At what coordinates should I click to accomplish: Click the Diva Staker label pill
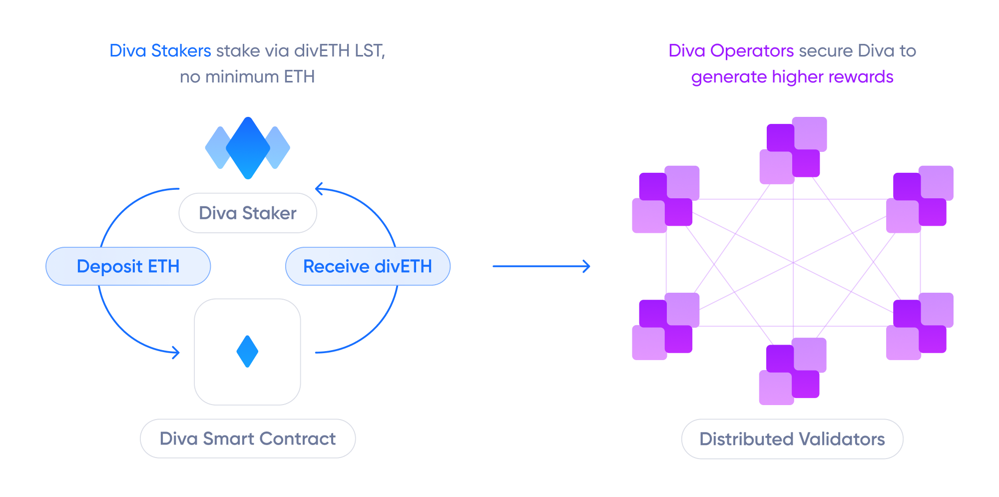pos(248,213)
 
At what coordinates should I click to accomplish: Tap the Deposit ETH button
pos(128,266)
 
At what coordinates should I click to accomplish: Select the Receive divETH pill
pos(368,266)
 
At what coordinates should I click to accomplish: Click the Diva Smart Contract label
pos(248,439)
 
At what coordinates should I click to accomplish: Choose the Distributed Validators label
pos(792,439)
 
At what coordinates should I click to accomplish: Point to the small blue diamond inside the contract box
pos(247,352)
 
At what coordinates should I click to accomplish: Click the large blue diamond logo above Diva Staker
pos(248,148)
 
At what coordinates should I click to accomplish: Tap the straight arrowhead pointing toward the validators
pos(587,266)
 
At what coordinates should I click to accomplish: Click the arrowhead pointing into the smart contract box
pos(176,353)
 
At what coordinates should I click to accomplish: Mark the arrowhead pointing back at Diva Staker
pos(319,189)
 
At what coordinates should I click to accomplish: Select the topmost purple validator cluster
pos(793,150)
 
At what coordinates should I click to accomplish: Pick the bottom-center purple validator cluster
pos(793,371)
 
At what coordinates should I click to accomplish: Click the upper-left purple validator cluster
pos(666,199)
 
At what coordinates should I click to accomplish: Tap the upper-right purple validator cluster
pos(920,199)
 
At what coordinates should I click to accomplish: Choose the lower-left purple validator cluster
pos(666,326)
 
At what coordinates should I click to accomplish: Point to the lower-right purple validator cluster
pos(920,326)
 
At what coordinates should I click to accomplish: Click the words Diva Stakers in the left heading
pos(160,51)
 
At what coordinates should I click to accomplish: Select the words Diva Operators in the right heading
pos(731,51)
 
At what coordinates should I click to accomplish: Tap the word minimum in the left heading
pos(242,77)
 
